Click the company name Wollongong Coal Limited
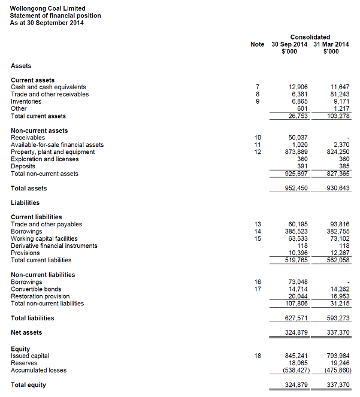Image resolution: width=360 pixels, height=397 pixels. pyautogui.click(x=43, y=8)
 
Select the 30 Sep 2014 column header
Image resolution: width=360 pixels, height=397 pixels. pyautogui.click(x=289, y=44)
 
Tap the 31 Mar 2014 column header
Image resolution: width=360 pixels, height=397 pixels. pyautogui.click(x=331, y=44)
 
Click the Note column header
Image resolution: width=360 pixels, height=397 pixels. pyautogui.click(x=257, y=44)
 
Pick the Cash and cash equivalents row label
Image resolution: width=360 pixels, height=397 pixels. pyautogui.click(x=48, y=87)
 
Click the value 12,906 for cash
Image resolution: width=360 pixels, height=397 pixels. pyautogui.click(x=298, y=87)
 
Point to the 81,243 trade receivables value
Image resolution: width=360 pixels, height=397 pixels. pyautogui.click(x=340, y=95)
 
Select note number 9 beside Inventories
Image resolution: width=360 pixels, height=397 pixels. pyautogui.click(x=257, y=102)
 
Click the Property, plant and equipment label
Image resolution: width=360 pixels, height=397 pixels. pyautogui.click(x=53, y=152)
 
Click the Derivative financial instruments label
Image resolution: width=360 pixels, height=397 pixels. pyautogui.click(x=54, y=246)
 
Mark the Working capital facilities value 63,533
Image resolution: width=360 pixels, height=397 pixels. pyautogui.click(x=298, y=239)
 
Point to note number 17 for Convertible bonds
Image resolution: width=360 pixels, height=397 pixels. pyautogui.click(x=257, y=289)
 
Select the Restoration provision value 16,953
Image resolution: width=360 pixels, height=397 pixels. pyautogui.click(x=340, y=296)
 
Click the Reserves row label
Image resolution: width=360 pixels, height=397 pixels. pyautogui.click(x=24, y=363)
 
